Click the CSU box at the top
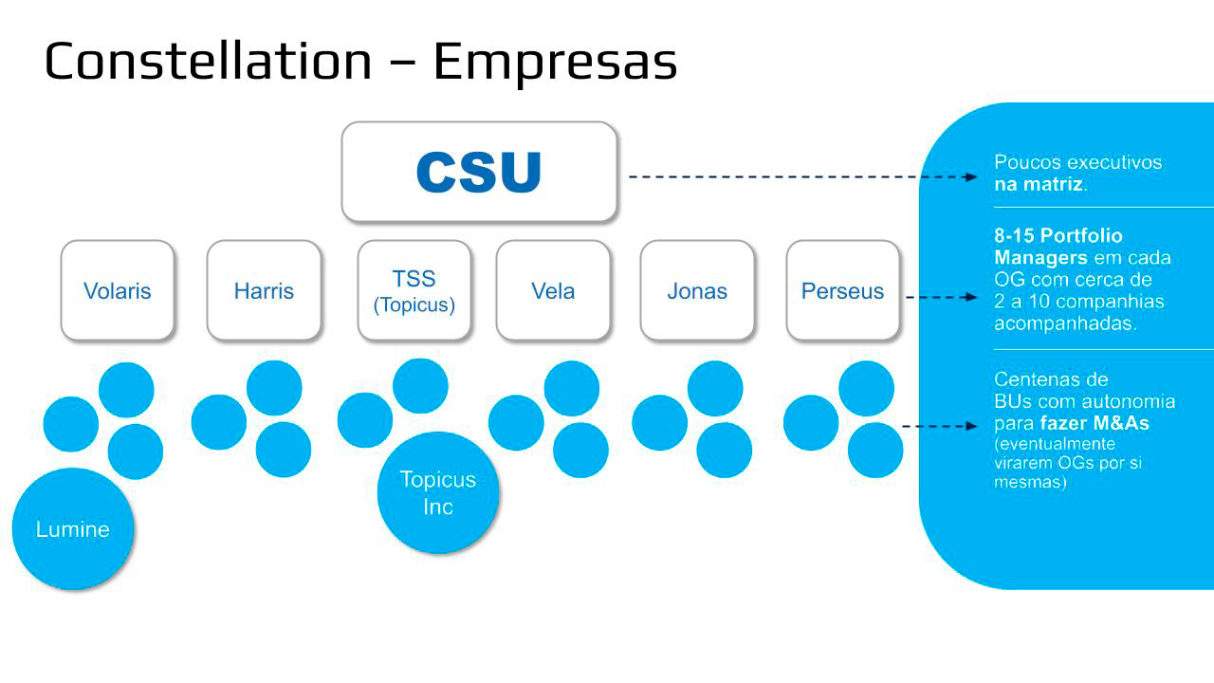click(479, 173)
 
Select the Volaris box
click(118, 290)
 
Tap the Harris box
click(264, 290)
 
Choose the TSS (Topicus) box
click(414, 290)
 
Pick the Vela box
click(553, 290)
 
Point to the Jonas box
click(697, 290)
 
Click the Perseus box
click(842, 290)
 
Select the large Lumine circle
click(73, 529)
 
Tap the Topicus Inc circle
click(438, 492)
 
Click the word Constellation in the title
click(208, 61)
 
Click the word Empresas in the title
click(555, 61)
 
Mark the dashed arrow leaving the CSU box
click(801, 176)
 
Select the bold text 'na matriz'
click(1039, 185)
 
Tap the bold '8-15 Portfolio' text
click(1058, 235)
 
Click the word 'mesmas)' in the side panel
click(1031, 482)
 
